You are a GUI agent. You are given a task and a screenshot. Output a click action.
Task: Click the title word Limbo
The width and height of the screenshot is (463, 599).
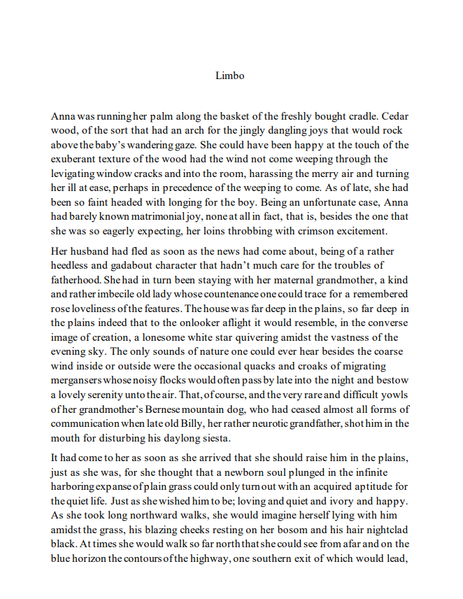[x=230, y=75]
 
